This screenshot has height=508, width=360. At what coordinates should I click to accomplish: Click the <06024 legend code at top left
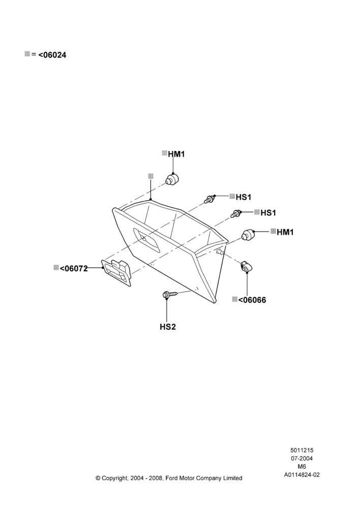point(52,55)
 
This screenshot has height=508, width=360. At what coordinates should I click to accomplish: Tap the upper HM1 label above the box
point(176,154)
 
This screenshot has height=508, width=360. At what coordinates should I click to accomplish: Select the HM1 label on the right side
point(285,232)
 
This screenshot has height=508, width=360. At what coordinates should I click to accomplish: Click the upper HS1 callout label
point(243,197)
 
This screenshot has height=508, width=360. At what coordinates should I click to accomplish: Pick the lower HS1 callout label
point(268,212)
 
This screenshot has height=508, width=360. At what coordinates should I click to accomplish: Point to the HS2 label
point(168,327)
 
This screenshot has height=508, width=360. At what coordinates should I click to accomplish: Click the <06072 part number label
point(74,268)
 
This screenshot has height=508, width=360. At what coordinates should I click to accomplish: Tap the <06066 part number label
point(252,300)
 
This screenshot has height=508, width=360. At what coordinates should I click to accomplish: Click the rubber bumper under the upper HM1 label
point(172,179)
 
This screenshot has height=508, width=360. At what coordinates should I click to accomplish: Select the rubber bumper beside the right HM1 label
point(248,234)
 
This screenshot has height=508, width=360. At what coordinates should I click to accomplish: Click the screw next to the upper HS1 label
point(209,199)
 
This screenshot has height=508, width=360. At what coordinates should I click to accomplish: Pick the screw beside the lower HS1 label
point(236,214)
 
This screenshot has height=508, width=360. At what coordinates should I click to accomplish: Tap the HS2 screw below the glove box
point(170,295)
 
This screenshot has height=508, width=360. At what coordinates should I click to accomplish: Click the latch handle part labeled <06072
point(117,272)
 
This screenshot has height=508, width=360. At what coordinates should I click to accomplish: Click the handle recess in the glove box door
point(146,240)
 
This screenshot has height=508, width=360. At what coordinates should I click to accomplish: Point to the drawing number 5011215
point(302,450)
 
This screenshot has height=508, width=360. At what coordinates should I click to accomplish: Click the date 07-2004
point(302,458)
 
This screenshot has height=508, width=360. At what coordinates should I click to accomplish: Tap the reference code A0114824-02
point(302,475)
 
